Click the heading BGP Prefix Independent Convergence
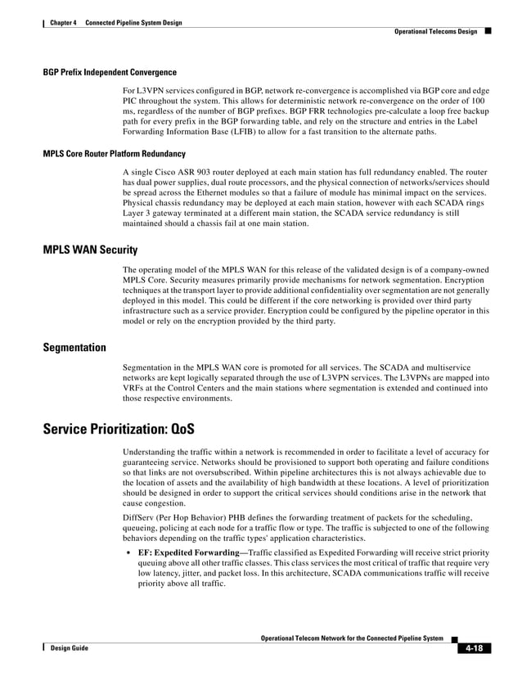click(110, 72)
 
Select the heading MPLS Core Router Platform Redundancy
click(114, 154)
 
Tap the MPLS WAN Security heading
click(90, 250)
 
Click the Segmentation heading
click(74, 348)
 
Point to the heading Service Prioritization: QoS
click(119, 430)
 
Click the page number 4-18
click(472, 648)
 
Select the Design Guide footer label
click(69, 648)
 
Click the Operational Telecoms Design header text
click(435, 31)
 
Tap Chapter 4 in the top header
click(63, 22)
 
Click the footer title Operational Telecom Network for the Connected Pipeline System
click(352, 638)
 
